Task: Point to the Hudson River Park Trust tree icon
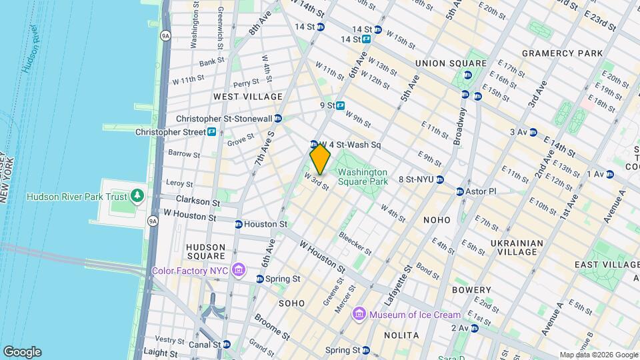point(137,196)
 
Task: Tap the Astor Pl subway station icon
point(460,191)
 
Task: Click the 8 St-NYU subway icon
point(440,179)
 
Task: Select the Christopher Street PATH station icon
point(211,132)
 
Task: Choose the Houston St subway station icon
point(238,224)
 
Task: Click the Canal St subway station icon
point(227,345)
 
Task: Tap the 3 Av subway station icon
point(533,132)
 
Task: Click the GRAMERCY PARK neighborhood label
point(562,53)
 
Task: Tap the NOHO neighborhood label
point(437,219)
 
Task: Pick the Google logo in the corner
point(22,352)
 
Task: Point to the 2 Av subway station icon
point(474,328)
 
